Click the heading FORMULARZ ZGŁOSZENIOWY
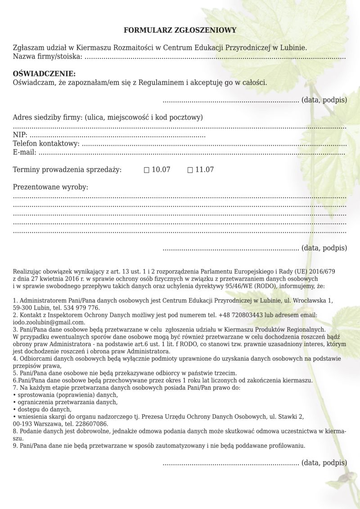[x=180, y=30]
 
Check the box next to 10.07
[x=146, y=170]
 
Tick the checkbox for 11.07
[x=190, y=170]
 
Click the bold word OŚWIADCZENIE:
[x=45, y=74]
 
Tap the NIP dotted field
[x=117, y=135]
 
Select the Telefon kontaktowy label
[x=46, y=143]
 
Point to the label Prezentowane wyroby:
[x=50, y=187]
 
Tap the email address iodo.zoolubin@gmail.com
[x=49, y=322]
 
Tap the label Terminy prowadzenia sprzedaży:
[x=67, y=170]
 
